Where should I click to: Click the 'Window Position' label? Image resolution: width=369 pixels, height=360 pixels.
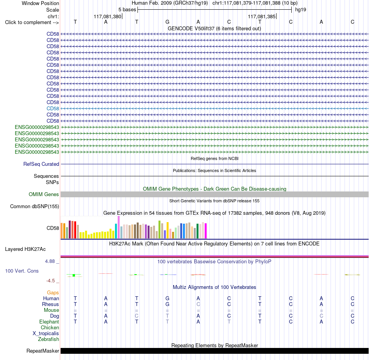tap(40, 3)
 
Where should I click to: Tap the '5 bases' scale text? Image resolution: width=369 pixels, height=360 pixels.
tap(127, 10)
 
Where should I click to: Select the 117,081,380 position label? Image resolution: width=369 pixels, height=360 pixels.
tap(107, 16)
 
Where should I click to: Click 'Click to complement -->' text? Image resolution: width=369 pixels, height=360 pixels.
tap(32, 23)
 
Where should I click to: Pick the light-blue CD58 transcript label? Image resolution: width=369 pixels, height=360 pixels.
tap(53, 108)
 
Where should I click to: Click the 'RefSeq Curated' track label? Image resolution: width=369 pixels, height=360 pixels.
tap(41, 164)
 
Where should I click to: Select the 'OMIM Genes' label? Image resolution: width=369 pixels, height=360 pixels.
tap(44, 194)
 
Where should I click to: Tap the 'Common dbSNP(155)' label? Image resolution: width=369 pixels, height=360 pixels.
tap(35, 206)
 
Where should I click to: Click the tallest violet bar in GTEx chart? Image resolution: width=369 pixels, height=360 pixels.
tap(118, 227)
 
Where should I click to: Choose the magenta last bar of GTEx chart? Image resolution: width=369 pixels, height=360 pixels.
tap(206, 231)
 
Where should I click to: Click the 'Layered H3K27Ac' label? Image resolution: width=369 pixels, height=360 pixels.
tap(25, 249)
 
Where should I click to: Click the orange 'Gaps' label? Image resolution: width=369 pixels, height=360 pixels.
tap(53, 292)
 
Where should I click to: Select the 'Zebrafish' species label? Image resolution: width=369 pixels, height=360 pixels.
tap(49, 339)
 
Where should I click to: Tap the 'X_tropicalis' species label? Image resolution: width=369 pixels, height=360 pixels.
tap(46, 334)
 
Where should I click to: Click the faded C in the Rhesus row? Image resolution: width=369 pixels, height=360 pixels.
tap(198, 304)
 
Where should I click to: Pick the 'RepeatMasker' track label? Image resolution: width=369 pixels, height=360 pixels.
tap(43, 351)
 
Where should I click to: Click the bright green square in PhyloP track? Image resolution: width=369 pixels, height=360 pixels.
tap(74, 275)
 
